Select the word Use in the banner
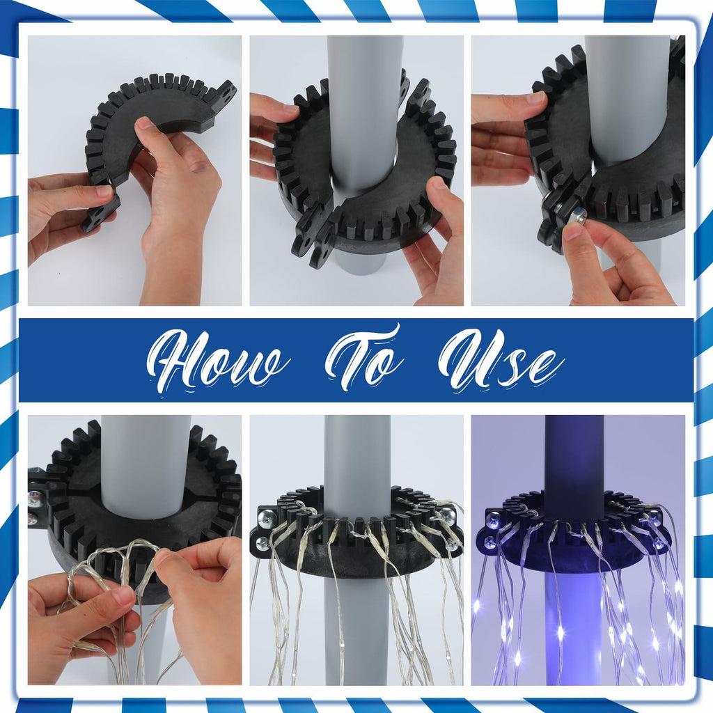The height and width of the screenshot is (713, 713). point(500,361)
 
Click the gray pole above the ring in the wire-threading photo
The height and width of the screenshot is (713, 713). point(146,466)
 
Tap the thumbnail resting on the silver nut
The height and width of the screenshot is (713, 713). point(573,231)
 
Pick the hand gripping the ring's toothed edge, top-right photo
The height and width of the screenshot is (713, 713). point(505,136)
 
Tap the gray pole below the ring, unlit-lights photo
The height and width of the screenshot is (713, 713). point(357,632)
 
